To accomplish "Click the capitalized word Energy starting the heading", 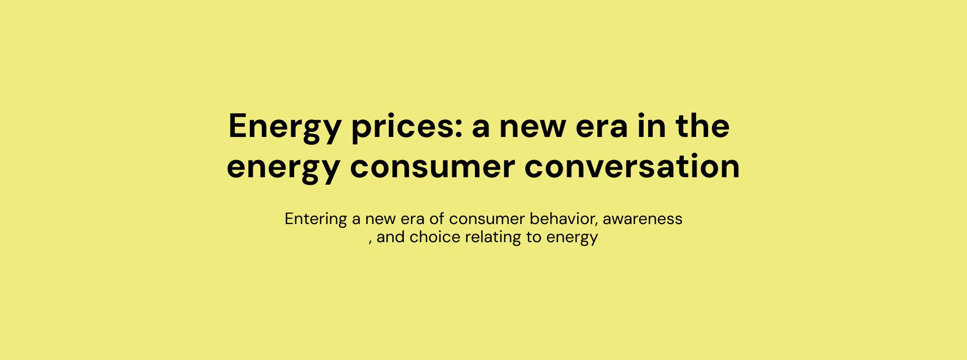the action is (285, 127).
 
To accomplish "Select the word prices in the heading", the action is (402, 127).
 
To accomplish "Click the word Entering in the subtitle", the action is (316, 220).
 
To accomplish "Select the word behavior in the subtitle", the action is (564, 219).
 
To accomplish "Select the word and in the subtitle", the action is (391, 237).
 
